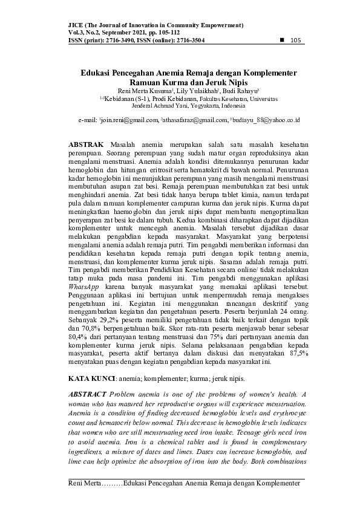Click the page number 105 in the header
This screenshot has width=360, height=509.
(x=296, y=41)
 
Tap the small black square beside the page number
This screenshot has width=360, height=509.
(x=281, y=40)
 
